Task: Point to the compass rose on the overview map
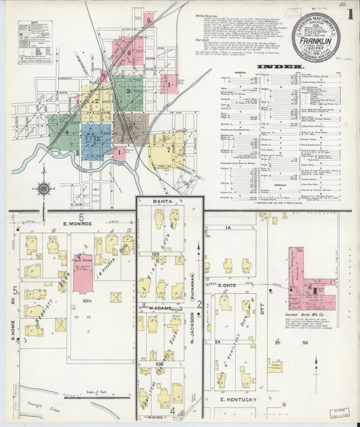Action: click(43, 189)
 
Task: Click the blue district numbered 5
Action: click(96, 141)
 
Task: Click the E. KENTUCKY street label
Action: click(239, 400)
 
